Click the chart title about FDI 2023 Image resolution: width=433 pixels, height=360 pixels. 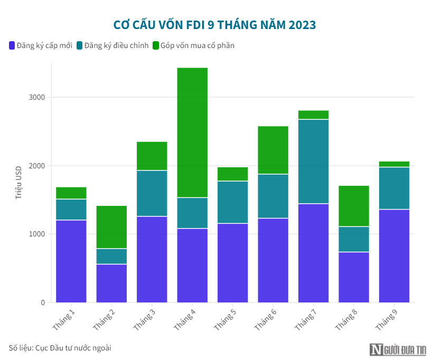tap(215, 25)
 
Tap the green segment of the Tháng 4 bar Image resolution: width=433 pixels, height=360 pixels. tap(192, 132)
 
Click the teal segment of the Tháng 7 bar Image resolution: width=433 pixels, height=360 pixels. tap(313, 162)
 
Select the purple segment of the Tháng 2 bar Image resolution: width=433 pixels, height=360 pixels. tap(111, 283)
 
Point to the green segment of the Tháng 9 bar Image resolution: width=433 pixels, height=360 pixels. tap(394, 164)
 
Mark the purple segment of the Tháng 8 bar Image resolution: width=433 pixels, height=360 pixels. tap(354, 277)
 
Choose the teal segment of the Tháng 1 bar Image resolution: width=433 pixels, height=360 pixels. tap(71, 210)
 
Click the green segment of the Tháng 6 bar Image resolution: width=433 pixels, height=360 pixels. tap(273, 150)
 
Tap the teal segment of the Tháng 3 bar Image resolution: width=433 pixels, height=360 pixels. tap(152, 193)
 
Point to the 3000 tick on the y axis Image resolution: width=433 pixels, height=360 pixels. tap(37, 97)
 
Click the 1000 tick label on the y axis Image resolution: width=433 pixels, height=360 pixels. tap(37, 234)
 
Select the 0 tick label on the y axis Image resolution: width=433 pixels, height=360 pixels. tap(43, 302)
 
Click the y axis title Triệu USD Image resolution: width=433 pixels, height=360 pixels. tap(18, 181)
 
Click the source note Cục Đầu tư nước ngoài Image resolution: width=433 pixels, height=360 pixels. tap(60, 348)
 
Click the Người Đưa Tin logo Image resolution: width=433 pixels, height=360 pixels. tap(399, 349)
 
